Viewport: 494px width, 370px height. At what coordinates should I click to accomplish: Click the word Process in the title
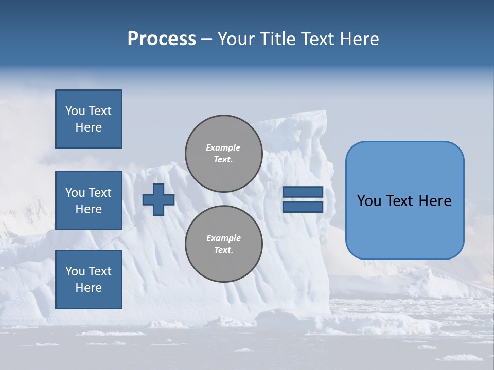[162, 39]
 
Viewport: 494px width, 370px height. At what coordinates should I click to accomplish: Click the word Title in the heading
[277, 39]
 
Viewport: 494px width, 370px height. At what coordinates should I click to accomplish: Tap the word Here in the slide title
[358, 39]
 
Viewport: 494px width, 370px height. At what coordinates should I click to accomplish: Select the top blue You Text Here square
[89, 119]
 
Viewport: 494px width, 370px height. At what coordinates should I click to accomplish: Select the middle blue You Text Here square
[89, 200]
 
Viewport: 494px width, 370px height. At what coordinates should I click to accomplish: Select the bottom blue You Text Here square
[89, 280]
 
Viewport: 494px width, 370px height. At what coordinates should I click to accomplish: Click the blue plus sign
[158, 199]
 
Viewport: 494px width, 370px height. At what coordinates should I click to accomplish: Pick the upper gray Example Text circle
[224, 154]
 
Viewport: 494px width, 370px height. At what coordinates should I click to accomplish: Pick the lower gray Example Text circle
[224, 244]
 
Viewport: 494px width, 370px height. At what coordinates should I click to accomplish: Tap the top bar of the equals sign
[303, 192]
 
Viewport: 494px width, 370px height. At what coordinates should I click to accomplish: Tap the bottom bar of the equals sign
[303, 207]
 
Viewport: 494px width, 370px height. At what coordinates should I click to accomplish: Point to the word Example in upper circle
[223, 147]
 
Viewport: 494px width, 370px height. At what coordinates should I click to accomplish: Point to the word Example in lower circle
[223, 238]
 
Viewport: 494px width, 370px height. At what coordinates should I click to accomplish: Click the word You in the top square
[75, 111]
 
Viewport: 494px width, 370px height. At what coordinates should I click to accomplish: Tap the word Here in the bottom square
[89, 288]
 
